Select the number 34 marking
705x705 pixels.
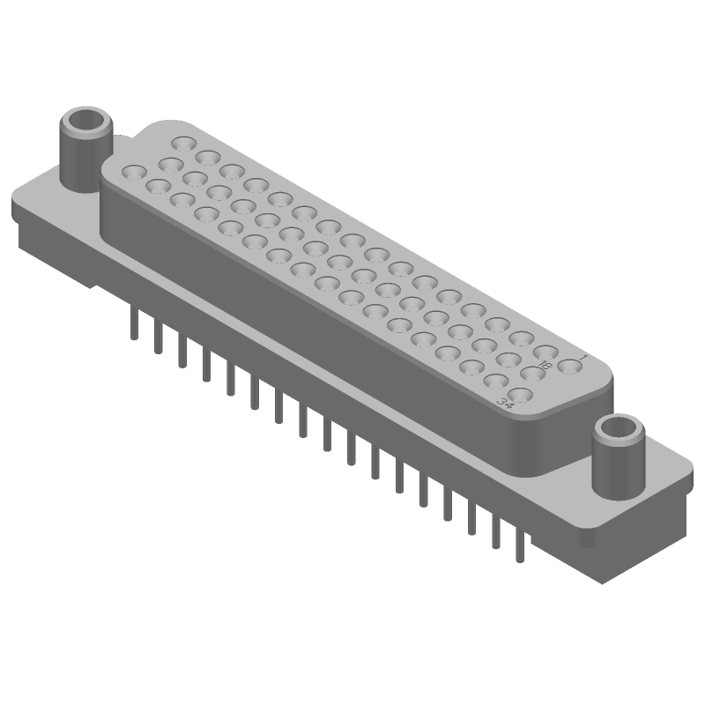tap(506, 403)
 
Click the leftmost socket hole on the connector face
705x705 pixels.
tap(133, 171)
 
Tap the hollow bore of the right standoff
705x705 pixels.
tap(620, 429)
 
